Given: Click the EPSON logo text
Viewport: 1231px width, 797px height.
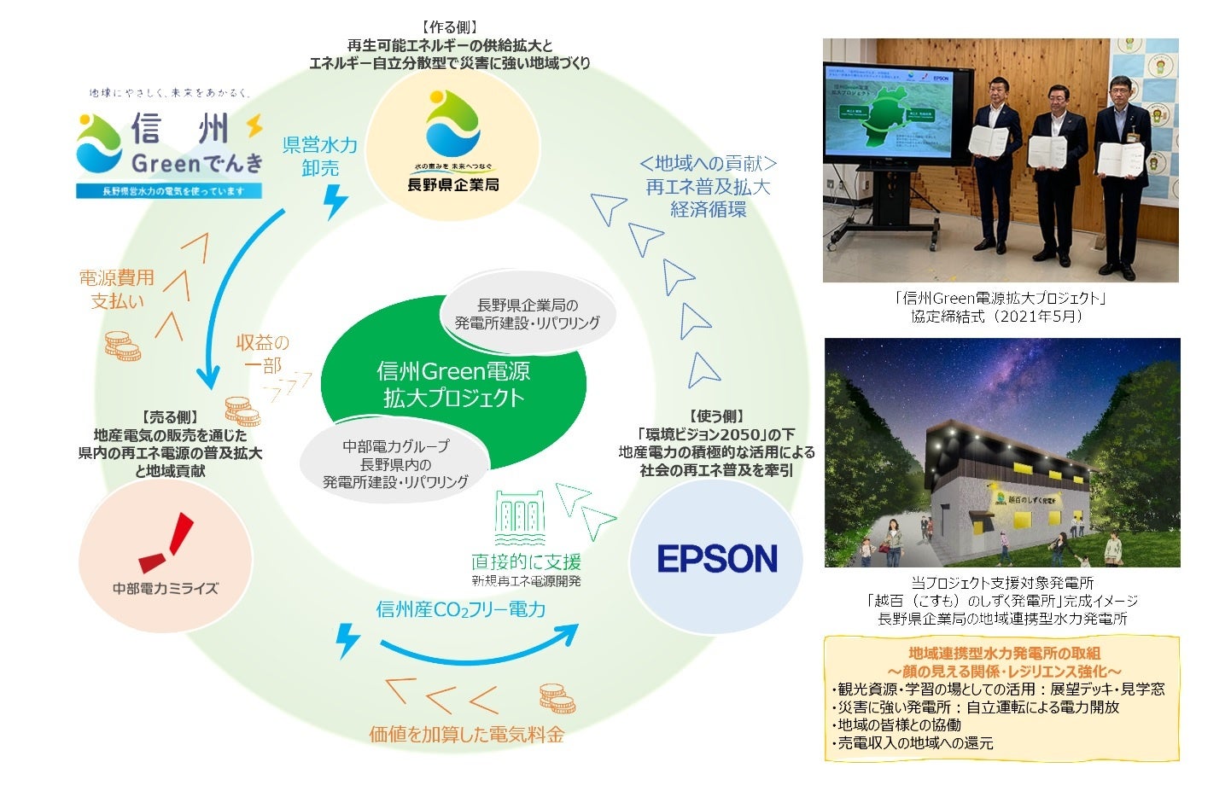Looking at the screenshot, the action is [x=717, y=560].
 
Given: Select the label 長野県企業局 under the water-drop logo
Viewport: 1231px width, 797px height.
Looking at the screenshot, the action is [x=452, y=184].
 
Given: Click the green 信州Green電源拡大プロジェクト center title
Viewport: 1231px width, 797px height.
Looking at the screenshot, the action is [x=453, y=384].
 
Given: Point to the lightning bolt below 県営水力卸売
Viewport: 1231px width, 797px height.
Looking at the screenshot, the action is [x=335, y=201].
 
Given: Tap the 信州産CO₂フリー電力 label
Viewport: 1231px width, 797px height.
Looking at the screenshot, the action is [x=460, y=609].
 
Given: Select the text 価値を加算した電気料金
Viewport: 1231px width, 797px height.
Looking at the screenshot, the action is [x=466, y=734].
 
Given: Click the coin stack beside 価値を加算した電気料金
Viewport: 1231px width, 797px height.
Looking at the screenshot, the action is [x=557, y=699].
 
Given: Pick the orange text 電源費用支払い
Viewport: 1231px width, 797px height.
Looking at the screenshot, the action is [x=117, y=289].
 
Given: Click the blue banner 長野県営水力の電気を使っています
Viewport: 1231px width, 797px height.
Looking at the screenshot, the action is [x=168, y=191].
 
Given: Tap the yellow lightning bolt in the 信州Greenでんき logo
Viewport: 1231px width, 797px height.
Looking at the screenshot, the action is [x=254, y=126].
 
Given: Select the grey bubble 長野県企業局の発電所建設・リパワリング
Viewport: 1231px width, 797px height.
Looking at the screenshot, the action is [x=527, y=314].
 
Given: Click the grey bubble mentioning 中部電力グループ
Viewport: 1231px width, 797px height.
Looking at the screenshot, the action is [x=395, y=464].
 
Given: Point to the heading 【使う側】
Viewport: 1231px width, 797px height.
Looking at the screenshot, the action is [x=716, y=416].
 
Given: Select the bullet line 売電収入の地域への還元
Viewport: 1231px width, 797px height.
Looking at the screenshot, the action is [x=913, y=743].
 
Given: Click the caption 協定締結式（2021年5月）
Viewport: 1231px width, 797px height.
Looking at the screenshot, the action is [x=1001, y=317].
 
